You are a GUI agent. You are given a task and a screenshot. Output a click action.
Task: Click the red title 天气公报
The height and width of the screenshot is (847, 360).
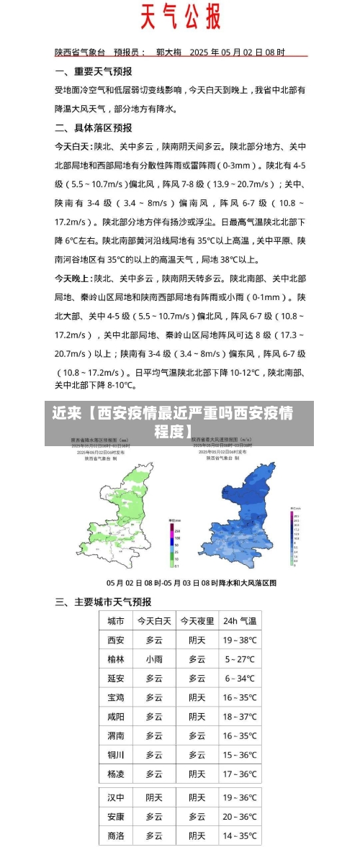point(179,16)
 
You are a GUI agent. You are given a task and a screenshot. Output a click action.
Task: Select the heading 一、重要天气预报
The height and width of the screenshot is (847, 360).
point(94,71)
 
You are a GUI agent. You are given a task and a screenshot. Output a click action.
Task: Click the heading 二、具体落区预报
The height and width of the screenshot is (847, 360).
point(94,127)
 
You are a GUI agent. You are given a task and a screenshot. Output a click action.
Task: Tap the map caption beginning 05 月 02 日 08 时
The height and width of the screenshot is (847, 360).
point(192,581)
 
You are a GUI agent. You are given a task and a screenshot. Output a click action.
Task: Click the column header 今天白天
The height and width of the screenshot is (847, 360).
point(154,620)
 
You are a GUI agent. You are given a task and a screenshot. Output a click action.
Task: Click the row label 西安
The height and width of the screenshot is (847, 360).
point(116,640)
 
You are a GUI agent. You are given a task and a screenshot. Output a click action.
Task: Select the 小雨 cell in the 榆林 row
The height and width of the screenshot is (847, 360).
point(154,659)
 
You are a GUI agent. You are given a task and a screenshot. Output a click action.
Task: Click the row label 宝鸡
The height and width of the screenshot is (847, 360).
point(116,697)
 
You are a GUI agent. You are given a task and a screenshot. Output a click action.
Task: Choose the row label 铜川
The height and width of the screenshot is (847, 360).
point(116,755)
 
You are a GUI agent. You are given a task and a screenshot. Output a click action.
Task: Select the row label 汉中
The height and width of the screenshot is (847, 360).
point(116,797)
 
